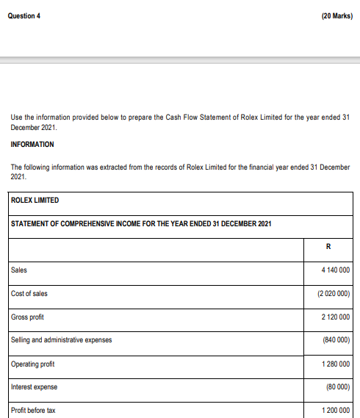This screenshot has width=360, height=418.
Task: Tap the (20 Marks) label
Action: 336,16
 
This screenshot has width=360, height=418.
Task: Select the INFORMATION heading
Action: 32,145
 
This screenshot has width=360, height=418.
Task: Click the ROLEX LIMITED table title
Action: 35,201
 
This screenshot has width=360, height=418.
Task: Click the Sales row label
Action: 19,270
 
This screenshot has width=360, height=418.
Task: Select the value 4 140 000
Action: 335,270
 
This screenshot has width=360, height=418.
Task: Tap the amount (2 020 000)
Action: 333,294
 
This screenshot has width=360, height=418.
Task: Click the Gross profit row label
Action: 29,317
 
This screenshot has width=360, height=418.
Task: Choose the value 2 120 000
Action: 335,317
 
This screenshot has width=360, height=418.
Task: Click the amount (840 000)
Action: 336,340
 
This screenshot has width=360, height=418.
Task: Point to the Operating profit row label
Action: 33,364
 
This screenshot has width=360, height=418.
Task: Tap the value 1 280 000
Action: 335,364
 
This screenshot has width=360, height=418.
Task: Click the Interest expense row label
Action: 34,387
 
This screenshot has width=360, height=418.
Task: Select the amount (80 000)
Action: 337,387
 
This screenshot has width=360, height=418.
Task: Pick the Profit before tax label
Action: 33,410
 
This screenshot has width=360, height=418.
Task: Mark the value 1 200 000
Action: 335,410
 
